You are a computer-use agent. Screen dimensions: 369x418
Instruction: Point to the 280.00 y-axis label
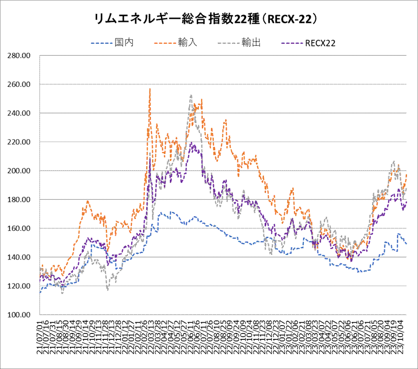pos(20,55)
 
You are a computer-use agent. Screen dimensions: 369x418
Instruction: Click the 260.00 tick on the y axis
pos(20,84)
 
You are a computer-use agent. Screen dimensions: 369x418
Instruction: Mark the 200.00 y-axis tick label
pos(20,171)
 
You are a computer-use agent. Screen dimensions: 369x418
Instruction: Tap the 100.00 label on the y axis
pos(20,315)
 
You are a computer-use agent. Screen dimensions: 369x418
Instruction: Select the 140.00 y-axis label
pos(20,257)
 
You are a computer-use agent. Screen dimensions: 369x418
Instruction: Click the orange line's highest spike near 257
pos(150,89)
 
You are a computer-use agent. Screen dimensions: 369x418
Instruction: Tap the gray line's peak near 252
pos(190,96)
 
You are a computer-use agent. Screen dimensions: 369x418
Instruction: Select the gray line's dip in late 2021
pos(108,290)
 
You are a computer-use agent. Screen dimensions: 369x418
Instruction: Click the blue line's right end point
pos(406,244)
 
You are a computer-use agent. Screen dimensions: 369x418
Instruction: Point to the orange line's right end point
pos(407,175)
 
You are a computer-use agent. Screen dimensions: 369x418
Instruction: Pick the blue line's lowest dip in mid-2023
pos(360,272)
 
